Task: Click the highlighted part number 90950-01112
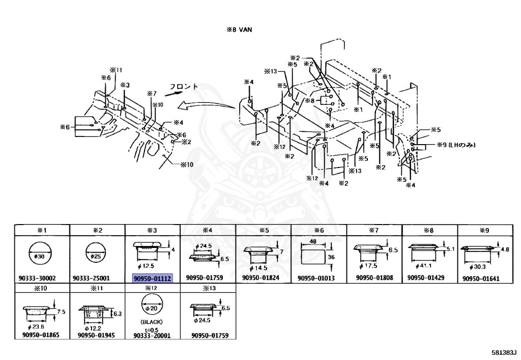(x=153, y=278)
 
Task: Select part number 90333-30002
(x=42, y=278)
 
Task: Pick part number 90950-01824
(x=263, y=278)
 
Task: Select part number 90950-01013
(x=319, y=278)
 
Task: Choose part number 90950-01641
(x=485, y=279)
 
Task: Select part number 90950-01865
(x=42, y=336)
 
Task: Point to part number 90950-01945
(x=97, y=336)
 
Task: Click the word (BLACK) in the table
(x=153, y=322)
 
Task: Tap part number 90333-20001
(x=153, y=336)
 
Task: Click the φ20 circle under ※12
(x=153, y=308)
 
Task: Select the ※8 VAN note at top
(x=239, y=30)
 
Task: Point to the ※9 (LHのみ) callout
(x=455, y=145)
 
